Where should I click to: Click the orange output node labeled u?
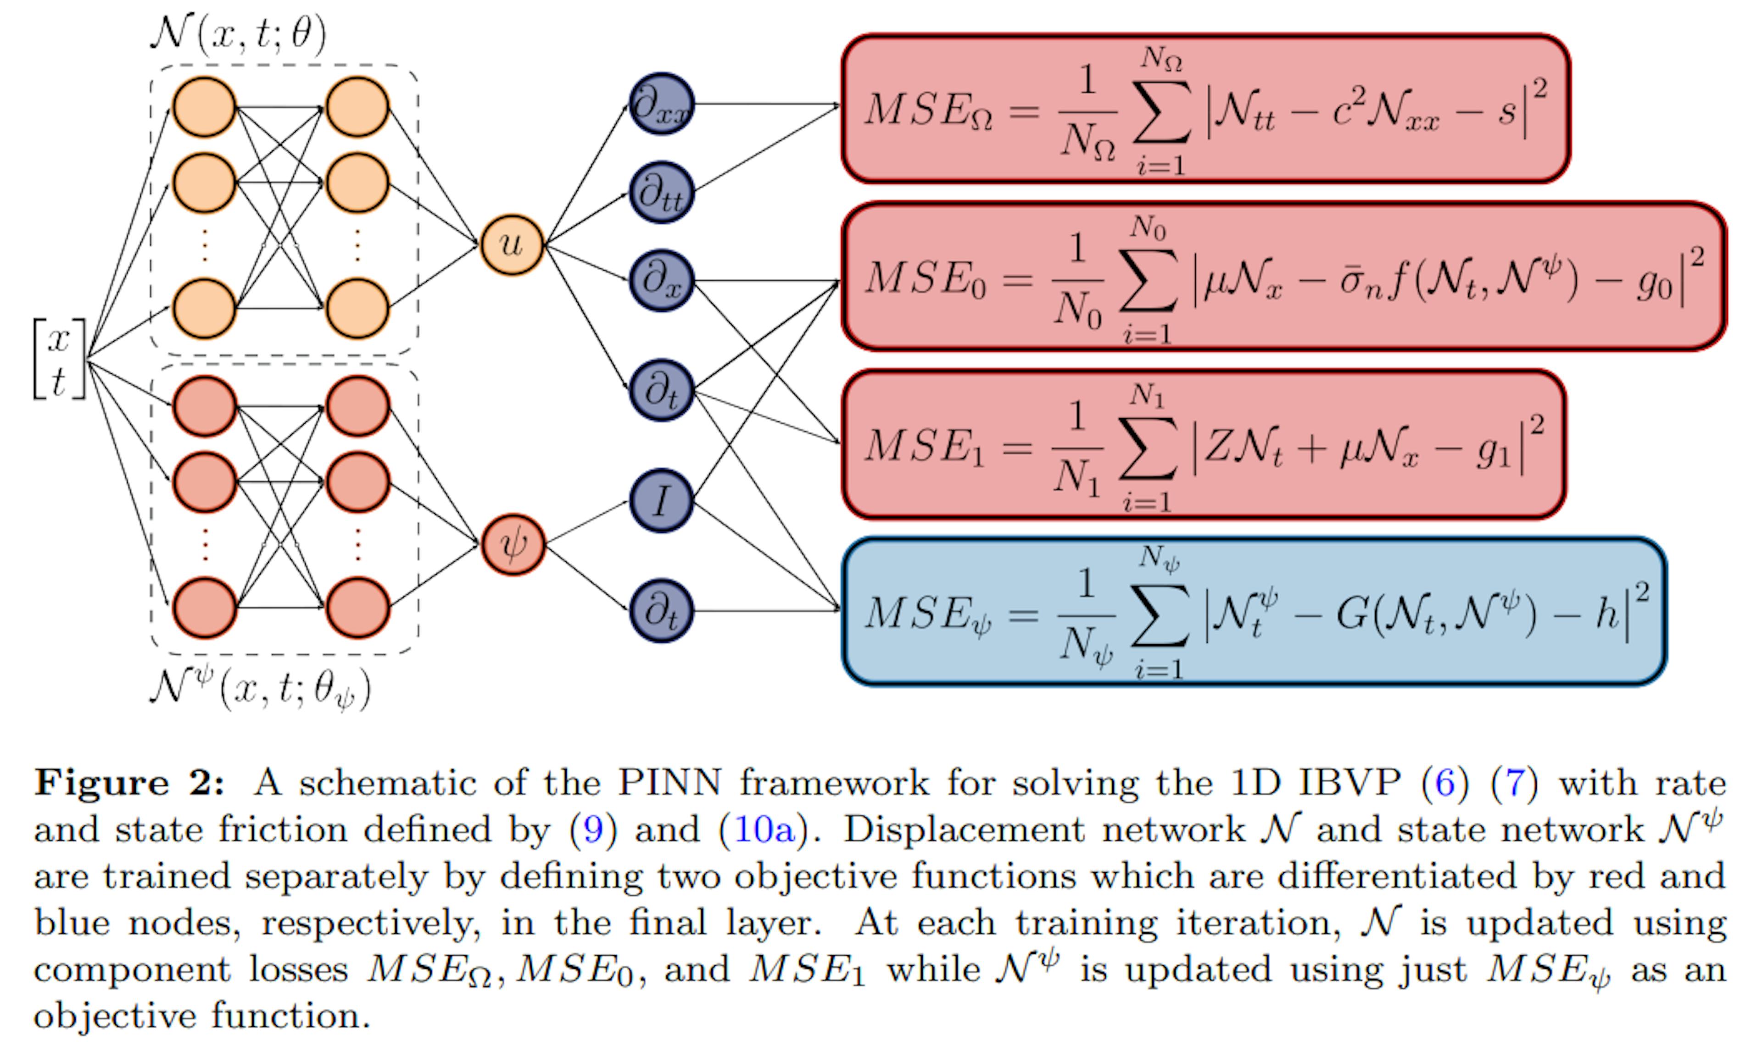click(512, 245)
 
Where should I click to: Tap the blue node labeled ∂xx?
click(661, 104)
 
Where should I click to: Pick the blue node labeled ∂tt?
click(661, 193)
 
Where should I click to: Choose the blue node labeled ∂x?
click(661, 281)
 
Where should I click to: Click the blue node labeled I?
click(661, 501)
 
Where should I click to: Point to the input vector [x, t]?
click(60, 359)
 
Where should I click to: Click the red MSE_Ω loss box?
click(1205, 108)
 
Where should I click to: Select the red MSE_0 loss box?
click(1283, 276)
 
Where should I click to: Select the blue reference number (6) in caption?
click(1445, 783)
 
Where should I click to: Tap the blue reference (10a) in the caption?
click(764, 830)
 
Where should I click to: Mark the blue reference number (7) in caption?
click(1514, 783)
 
